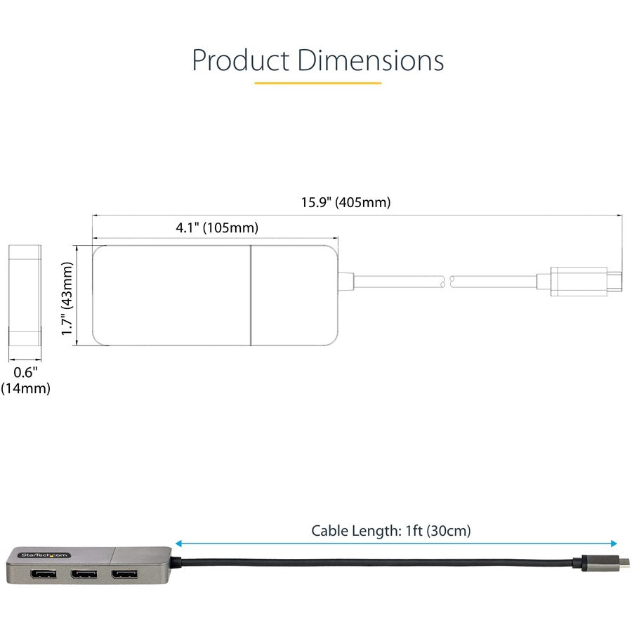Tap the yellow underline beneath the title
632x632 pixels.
(x=317, y=83)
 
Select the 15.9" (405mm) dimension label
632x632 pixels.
(x=345, y=203)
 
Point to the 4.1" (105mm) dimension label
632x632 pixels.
(x=216, y=228)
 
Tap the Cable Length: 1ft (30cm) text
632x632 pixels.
(x=391, y=531)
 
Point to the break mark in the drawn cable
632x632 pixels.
(x=447, y=282)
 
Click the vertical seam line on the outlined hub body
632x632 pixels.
(x=251, y=295)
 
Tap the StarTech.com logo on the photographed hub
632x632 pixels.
(x=41, y=554)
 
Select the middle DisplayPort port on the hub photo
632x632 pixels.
(x=84, y=575)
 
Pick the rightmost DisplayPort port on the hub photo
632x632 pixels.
(x=124, y=575)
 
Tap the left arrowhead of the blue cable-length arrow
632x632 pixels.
(x=178, y=544)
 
